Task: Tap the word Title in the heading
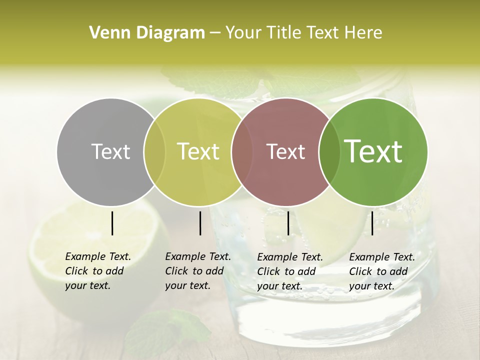click(x=285, y=33)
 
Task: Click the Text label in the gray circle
click(x=110, y=151)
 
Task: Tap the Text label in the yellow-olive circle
click(x=198, y=151)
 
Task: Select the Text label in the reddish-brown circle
click(x=285, y=151)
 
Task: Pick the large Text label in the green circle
click(x=373, y=151)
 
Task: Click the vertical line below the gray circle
click(x=112, y=223)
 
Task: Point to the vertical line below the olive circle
click(x=200, y=223)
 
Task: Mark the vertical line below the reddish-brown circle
click(x=288, y=223)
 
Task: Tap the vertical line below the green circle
click(x=372, y=223)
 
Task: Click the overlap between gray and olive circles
click(x=154, y=151)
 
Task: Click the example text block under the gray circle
click(x=97, y=271)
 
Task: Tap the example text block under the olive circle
click(x=197, y=271)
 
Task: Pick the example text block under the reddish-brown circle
click(x=289, y=271)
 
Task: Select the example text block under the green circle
click(x=381, y=271)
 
